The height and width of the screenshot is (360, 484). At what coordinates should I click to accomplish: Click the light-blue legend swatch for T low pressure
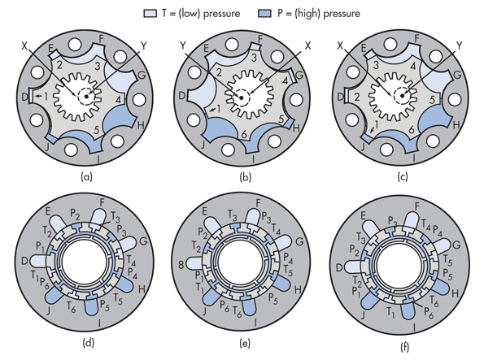click(150, 14)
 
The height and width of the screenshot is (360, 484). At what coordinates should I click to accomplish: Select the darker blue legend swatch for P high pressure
click(264, 14)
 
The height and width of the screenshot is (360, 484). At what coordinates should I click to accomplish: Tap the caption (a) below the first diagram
click(86, 177)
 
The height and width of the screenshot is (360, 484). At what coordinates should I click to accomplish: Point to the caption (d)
click(89, 343)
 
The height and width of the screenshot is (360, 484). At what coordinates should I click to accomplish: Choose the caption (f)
click(404, 347)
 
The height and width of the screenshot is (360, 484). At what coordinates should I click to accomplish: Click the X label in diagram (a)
click(24, 46)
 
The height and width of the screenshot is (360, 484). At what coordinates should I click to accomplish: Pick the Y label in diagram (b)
click(183, 46)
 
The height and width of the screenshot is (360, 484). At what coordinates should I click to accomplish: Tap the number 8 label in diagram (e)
click(181, 264)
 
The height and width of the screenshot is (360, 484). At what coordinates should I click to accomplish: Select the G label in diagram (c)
click(457, 75)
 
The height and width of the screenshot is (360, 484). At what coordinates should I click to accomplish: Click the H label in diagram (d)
click(142, 289)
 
